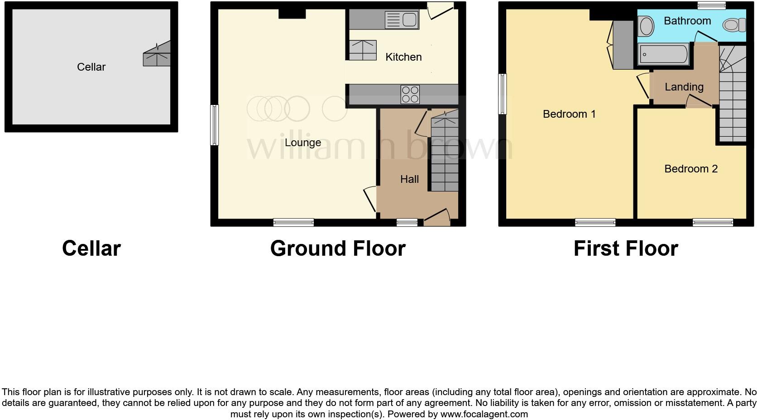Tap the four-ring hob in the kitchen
pyautogui.click(x=410, y=95)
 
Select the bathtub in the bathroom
pyautogui.click(x=663, y=55)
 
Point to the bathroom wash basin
pyautogui.click(x=646, y=26)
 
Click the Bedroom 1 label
pyautogui.click(x=569, y=114)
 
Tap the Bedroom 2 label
pyautogui.click(x=691, y=169)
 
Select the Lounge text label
pyautogui.click(x=303, y=143)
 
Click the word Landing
pyautogui.click(x=684, y=87)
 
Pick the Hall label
pyautogui.click(x=409, y=179)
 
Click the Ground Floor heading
pyautogui.click(x=338, y=248)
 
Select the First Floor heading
pyautogui.click(x=626, y=248)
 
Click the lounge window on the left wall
pyautogui.click(x=214, y=125)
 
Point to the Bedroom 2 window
pyautogui.click(x=712, y=222)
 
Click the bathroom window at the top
pyautogui.click(x=711, y=5)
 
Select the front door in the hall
pyautogui.click(x=437, y=218)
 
